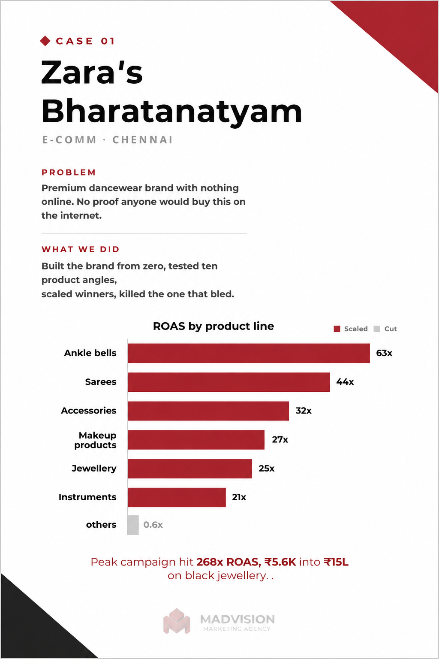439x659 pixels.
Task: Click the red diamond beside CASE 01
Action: [45, 41]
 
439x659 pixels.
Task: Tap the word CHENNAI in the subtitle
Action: [142, 140]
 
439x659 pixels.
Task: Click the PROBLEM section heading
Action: [69, 172]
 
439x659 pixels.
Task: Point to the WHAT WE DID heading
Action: [80, 249]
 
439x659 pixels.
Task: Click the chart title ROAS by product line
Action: [213, 326]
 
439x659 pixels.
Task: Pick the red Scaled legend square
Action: [337, 329]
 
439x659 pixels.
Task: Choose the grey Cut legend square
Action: [377, 329]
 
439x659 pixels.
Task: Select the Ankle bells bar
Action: [249, 353]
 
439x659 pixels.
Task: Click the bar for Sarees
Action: [229, 382]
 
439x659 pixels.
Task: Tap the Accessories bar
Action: [208, 411]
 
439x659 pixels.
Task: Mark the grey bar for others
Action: [133, 525]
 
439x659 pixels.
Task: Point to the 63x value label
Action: [384, 353]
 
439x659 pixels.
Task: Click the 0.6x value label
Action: [153, 525]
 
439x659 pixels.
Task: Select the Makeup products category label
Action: [95, 440]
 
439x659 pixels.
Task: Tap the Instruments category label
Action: [87, 497]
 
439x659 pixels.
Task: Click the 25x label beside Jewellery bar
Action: [266, 469]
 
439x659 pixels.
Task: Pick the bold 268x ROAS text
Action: [229, 562]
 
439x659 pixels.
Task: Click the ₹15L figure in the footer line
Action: [336, 562]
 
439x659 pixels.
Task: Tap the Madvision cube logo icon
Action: [177, 621]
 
